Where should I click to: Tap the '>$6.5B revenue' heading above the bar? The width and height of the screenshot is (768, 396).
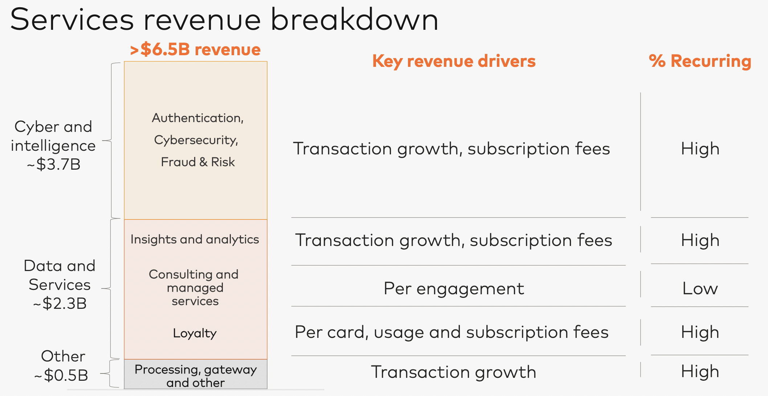195,49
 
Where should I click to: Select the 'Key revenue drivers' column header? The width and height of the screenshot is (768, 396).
454,61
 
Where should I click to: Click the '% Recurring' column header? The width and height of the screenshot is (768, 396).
700,61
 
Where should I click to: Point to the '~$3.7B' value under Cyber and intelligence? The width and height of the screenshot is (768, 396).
54,164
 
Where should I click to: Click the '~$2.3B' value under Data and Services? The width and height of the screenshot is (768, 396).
60,303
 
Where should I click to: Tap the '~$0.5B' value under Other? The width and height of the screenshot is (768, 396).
61,375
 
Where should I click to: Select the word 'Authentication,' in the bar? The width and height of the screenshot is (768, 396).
198,118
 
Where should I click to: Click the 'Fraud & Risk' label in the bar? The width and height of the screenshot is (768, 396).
198,162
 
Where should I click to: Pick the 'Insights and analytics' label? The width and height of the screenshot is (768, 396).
195,239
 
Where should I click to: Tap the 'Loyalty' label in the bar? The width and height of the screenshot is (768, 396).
195,333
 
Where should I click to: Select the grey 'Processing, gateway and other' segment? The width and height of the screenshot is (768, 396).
196,374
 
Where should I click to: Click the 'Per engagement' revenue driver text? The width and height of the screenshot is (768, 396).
454,289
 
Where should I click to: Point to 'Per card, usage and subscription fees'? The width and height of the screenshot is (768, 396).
452,332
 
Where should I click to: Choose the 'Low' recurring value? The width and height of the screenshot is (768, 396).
700,288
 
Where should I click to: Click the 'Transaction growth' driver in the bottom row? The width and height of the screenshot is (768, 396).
454,372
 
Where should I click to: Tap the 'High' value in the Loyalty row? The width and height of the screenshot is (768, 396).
700,332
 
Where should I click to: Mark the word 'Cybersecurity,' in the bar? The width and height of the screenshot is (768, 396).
196,140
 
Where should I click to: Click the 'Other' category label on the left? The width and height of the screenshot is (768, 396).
63,356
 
